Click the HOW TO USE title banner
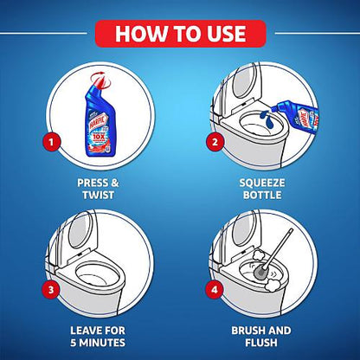click(x=180, y=34)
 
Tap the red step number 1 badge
click(x=54, y=139)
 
